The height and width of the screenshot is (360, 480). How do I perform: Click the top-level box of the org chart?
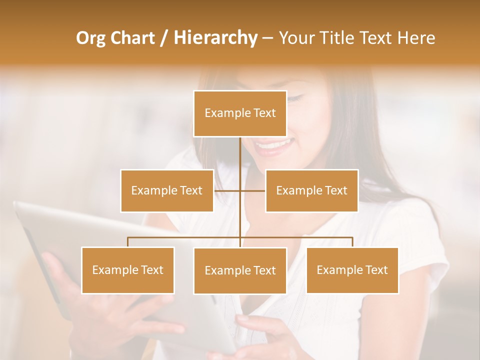(240, 113)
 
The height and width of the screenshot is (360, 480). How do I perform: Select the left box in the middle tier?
(167, 190)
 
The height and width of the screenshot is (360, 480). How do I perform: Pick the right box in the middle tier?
(311, 190)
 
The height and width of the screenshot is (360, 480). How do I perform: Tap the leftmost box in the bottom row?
(128, 270)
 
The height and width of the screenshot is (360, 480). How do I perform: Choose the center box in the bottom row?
(240, 270)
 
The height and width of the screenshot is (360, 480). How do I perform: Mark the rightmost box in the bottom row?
(352, 270)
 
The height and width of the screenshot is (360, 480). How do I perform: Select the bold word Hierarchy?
(215, 38)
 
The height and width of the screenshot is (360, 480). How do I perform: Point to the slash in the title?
(163, 38)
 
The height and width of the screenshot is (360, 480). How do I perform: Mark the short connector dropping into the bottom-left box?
(128, 242)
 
